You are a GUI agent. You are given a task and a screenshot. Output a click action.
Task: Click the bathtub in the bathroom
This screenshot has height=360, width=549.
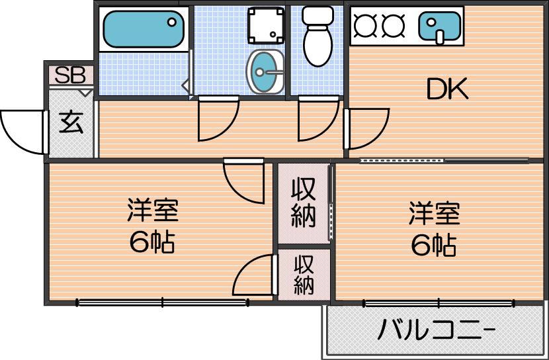(x=144, y=29)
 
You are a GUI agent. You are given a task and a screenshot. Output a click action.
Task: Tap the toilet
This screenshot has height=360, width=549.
(x=317, y=36)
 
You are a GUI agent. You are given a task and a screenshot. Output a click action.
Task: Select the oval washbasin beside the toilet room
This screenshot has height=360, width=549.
(x=265, y=71)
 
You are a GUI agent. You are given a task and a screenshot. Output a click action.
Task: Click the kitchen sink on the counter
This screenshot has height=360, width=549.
(x=440, y=26)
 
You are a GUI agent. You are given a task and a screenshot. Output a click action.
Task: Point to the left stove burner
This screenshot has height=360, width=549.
(x=365, y=25)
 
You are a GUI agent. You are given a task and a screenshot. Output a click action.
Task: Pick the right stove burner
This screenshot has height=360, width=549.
(x=394, y=25)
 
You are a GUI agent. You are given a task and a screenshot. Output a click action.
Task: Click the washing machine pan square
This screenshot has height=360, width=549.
(x=266, y=25)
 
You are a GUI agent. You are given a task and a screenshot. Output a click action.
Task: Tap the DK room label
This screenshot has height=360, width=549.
(x=447, y=89)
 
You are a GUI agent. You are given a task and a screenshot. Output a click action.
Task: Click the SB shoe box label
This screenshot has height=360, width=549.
(x=70, y=75)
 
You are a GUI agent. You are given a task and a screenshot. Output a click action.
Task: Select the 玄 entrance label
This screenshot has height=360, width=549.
(x=71, y=122)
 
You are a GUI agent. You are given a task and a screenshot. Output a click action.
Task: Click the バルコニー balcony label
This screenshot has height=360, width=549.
(x=437, y=329)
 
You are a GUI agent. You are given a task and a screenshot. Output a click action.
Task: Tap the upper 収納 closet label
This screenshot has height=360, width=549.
(x=304, y=202)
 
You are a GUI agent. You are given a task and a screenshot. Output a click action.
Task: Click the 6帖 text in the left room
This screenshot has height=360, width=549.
(x=152, y=243)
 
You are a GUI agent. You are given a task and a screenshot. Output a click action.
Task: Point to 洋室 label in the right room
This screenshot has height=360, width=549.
(x=434, y=212)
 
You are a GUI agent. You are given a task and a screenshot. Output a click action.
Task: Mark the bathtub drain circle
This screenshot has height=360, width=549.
(x=171, y=22)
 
